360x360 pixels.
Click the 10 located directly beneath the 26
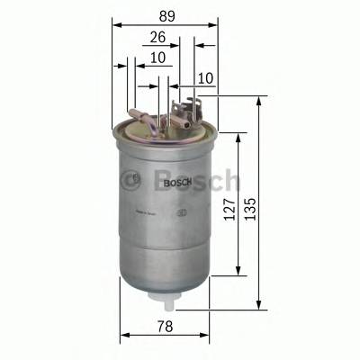158,58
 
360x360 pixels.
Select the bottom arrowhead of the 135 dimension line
259,307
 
